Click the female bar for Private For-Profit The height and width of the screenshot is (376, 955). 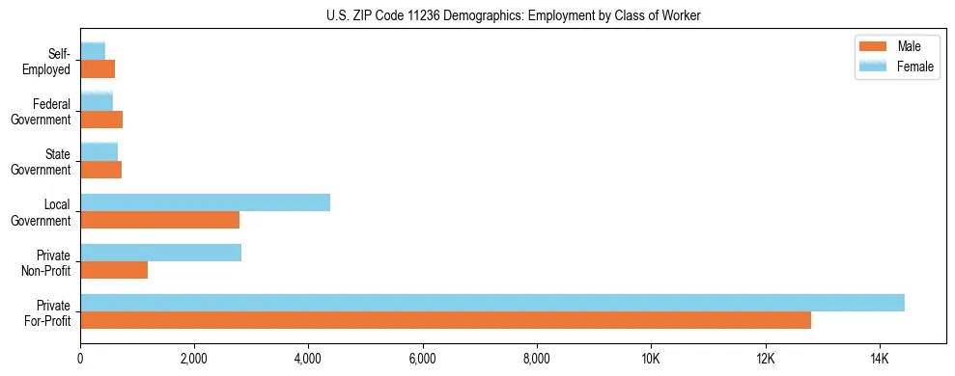(x=492, y=303)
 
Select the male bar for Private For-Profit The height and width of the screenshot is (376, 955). (x=445, y=320)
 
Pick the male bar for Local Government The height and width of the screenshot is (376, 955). (x=159, y=220)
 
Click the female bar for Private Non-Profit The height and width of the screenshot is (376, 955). (x=160, y=253)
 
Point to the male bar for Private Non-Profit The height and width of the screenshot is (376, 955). (x=114, y=270)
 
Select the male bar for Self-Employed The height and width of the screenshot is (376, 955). (x=98, y=69)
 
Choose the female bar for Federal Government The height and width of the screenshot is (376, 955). (x=97, y=102)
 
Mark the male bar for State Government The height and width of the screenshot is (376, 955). (x=100, y=170)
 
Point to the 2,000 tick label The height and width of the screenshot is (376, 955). (x=194, y=360)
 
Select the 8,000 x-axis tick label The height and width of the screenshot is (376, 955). (x=536, y=360)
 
